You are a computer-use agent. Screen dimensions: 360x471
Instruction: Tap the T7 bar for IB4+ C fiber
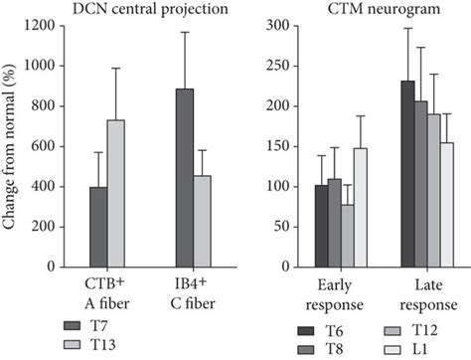tap(184, 178)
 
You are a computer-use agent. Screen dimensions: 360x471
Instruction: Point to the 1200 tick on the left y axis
tap(47, 24)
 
